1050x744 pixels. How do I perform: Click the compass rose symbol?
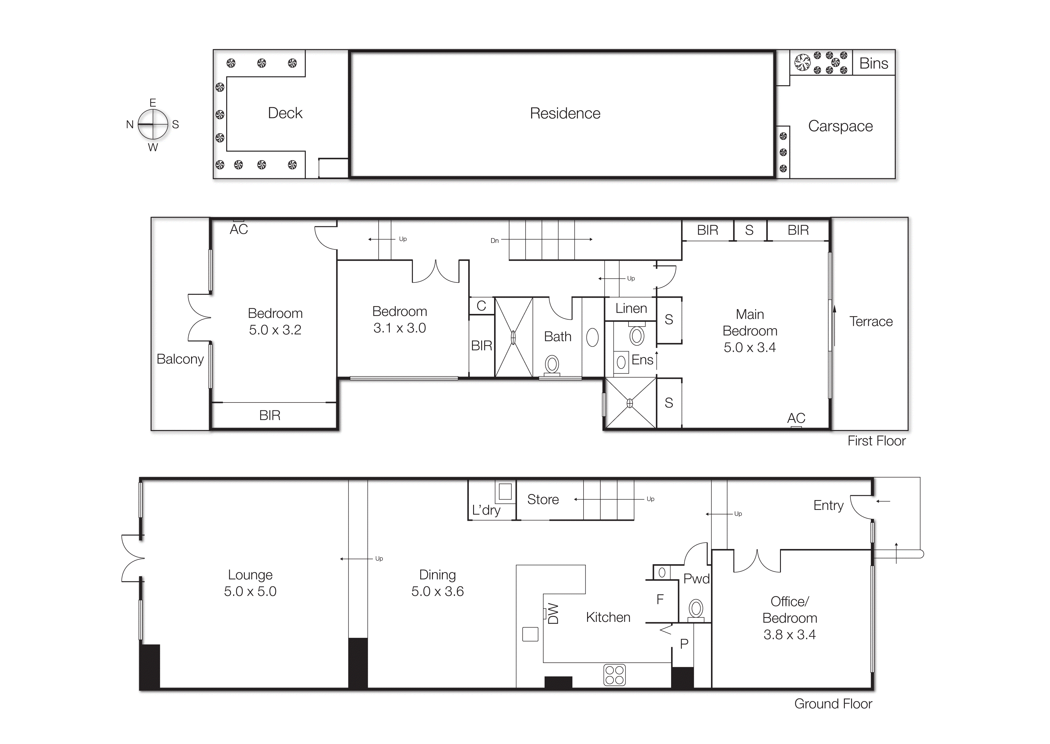(x=153, y=124)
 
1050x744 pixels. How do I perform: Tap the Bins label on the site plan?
(x=873, y=63)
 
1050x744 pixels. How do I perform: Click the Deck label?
(x=285, y=113)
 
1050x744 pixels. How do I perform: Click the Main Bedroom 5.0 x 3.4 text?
(x=750, y=331)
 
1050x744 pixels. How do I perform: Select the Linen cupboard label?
(x=631, y=308)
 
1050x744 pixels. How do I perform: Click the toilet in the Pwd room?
(x=696, y=609)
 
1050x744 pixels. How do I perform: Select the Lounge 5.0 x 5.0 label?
(x=250, y=583)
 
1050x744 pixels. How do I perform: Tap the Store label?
(x=543, y=499)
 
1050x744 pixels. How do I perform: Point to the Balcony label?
(x=180, y=359)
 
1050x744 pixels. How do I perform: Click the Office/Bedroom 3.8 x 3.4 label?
(x=789, y=618)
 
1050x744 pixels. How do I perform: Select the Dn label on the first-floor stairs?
(x=494, y=240)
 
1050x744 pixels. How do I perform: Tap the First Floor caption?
(x=876, y=441)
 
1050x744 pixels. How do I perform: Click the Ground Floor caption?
(x=832, y=704)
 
